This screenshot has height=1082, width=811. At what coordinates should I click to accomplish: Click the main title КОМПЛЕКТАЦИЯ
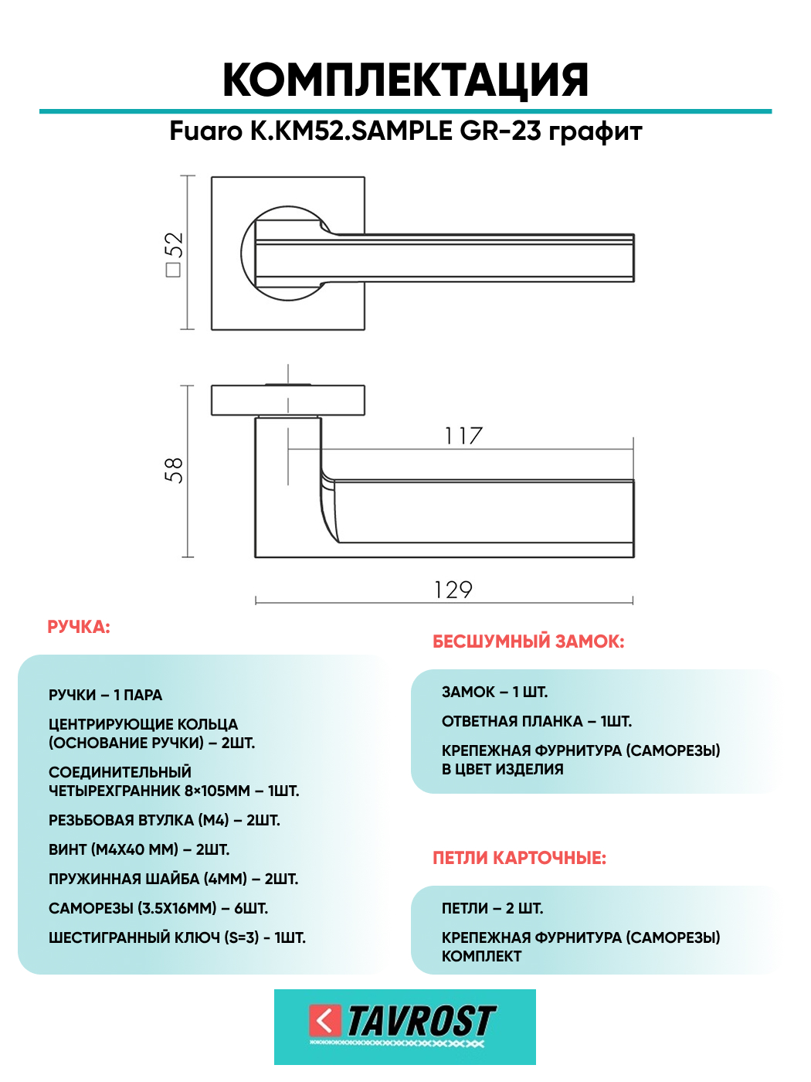coord(405,80)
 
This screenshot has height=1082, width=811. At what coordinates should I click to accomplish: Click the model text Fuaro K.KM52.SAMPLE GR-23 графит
coord(405,131)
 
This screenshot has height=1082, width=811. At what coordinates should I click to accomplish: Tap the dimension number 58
coord(174,470)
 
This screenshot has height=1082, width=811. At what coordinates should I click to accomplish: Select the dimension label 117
coord(463,437)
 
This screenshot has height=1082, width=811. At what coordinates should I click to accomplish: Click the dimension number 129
coord(453,590)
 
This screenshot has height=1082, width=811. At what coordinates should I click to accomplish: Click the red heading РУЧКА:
coord(79,627)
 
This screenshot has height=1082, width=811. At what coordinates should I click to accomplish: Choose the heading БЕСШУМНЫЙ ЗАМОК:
coord(528,641)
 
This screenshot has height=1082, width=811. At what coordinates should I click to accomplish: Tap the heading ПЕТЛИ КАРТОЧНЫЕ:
coord(519,858)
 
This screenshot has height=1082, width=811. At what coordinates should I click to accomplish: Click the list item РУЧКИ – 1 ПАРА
coord(106,695)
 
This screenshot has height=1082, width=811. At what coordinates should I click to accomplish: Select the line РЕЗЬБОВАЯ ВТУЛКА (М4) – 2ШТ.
coord(165,820)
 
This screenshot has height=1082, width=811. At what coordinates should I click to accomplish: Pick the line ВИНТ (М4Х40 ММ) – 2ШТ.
coord(139,849)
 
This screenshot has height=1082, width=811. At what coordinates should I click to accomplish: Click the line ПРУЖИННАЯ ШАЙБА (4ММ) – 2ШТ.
coord(174,879)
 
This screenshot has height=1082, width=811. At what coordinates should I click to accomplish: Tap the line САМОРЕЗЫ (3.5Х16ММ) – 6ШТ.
coord(158,908)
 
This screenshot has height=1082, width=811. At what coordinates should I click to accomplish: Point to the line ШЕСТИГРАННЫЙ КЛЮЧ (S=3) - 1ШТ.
coord(177,937)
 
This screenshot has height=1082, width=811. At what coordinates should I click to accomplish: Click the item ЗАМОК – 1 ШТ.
coord(494,692)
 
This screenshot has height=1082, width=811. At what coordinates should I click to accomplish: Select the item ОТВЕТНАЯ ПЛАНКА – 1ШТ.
coord(537,721)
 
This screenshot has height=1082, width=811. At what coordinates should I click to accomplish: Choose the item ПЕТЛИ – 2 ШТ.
coord(492,908)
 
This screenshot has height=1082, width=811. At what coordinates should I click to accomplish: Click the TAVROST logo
coord(405,1026)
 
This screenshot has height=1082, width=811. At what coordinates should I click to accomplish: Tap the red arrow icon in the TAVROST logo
coord(324,1020)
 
